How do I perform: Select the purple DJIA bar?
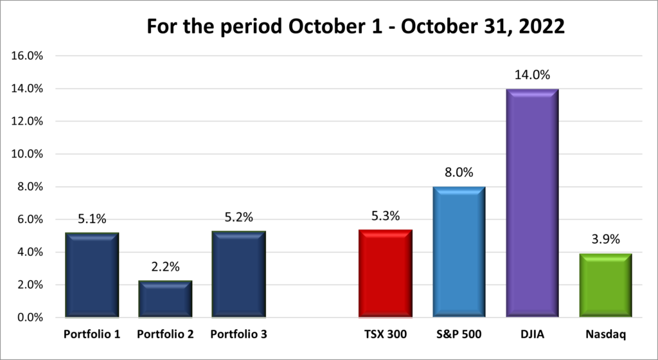coord(532,203)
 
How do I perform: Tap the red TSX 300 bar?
coord(385,274)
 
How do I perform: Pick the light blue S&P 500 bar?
coord(458,252)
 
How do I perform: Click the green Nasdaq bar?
coord(605,285)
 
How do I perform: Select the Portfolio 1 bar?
coord(92,275)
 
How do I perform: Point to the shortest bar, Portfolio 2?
coord(165,299)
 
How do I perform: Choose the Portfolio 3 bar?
coord(238,274)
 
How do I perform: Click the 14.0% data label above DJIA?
coord(532,75)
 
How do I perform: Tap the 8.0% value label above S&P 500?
coord(458,174)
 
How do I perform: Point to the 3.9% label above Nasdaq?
coord(605,240)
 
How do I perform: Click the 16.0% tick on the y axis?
coord(28,56)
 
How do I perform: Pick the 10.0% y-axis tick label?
coord(28,154)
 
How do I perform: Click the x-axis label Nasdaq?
coord(605,335)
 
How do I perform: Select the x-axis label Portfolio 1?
coord(92,335)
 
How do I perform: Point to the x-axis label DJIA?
coord(532,335)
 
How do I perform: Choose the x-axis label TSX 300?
coord(385,335)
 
